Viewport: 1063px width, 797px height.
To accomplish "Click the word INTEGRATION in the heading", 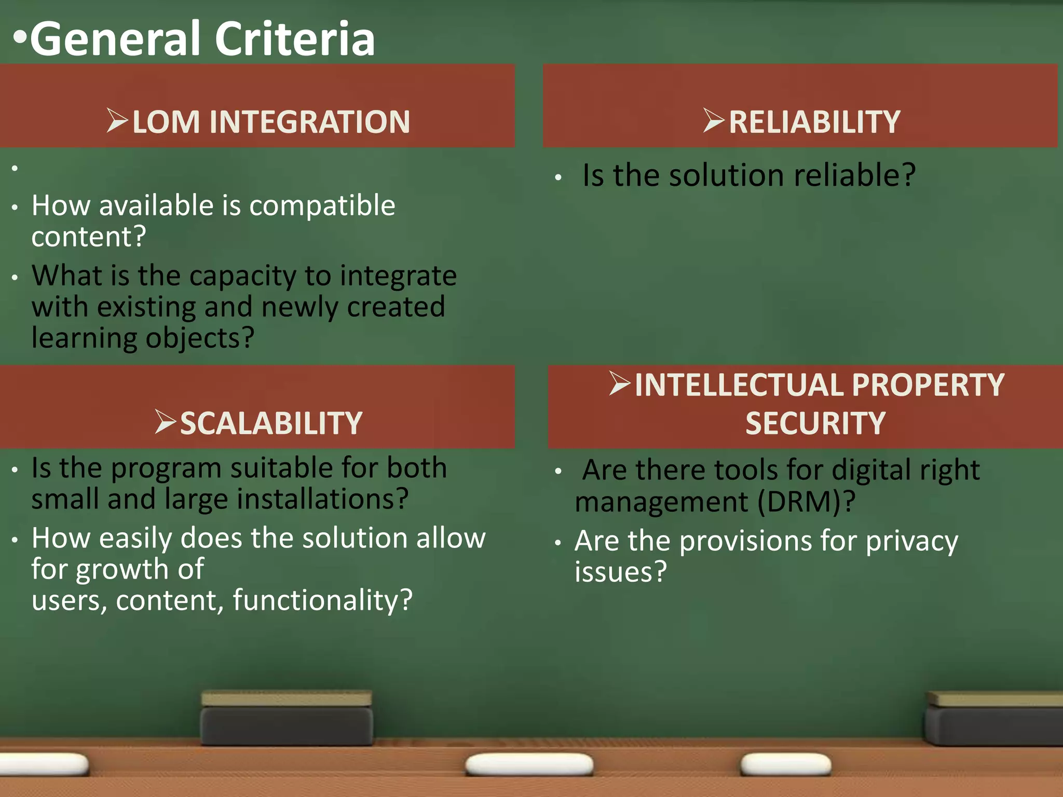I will click(x=310, y=122).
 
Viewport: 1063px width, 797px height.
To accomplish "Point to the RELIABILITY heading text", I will click(x=814, y=122).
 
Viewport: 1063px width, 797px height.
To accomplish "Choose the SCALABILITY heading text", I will click(x=271, y=423).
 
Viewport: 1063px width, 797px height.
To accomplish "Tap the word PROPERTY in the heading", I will click(x=928, y=386).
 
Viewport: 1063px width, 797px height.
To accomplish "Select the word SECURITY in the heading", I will click(x=815, y=423).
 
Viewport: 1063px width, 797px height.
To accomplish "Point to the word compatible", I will click(x=322, y=206).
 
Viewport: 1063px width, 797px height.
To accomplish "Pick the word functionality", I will click(x=322, y=600).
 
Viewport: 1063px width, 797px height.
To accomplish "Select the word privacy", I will click(x=911, y=542).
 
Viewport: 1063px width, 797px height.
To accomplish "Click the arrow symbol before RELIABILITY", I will click(x=714, y=120).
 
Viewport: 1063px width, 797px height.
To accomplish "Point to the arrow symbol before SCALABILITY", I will click(x=166, y=421).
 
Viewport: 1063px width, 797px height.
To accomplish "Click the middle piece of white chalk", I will click(x=529, y=764).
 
